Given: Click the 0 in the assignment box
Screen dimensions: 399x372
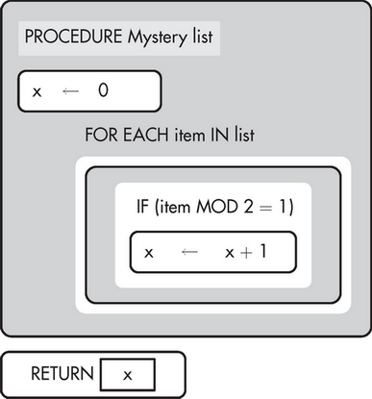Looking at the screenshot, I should click(x=103, y=91).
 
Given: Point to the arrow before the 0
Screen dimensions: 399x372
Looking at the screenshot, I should click(x=69, y=91).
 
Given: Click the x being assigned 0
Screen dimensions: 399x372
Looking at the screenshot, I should click(x=37, y=91).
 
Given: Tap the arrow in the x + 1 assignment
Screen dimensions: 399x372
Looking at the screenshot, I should click(x=189, y=252).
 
